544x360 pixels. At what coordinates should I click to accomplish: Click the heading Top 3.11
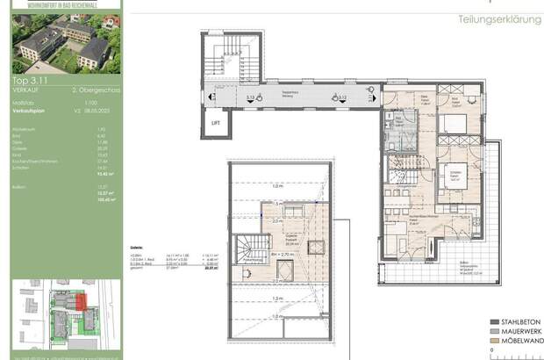[x=27, y=79]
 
